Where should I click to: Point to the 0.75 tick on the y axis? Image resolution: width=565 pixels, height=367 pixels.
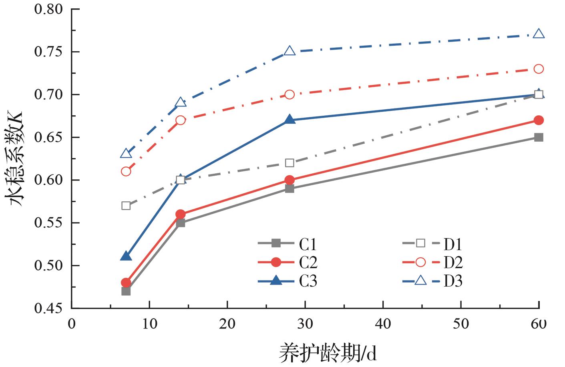pos(50,52)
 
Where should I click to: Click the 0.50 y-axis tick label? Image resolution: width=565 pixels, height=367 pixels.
pos(50,266)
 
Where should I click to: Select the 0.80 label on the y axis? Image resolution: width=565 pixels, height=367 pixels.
pos(50,9)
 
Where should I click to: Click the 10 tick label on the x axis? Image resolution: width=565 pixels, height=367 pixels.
pos(149,324)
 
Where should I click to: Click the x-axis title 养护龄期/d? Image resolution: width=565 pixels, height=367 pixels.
pos(328,353)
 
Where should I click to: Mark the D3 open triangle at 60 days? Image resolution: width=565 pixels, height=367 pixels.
pos(539,34)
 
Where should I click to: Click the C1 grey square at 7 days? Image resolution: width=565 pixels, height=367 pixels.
pos(126,291)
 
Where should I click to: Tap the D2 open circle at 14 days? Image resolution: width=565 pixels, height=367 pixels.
pos(181,120)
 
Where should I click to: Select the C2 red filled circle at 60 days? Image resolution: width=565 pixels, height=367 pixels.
pos(539,120)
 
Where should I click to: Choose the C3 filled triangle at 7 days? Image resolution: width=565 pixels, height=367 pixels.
pos(126,256)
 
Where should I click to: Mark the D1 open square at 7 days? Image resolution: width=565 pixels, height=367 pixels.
pos(126,206)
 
